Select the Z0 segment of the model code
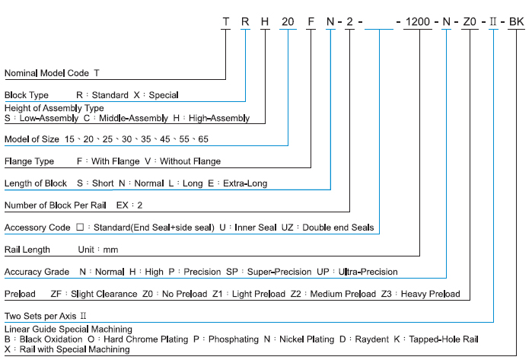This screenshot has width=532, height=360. click(x=470, y=22)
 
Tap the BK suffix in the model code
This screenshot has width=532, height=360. click(x=516, y=22)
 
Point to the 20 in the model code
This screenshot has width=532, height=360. click(x=288, y=22)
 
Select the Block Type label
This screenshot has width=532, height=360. click(x=27, y=95)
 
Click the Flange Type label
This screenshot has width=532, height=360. click(x=29, y=161)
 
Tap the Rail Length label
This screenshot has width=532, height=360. click(x=27, y=250)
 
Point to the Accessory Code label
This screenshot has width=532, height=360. click(x=37, y=228)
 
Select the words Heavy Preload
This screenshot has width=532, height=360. click(x=429, y=294)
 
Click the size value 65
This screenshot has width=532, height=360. click(x=202, y=139)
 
